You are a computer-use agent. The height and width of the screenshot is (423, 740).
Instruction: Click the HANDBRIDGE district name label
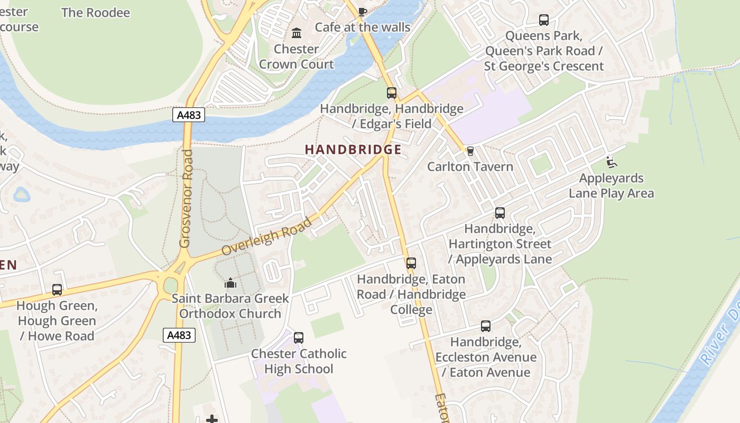pyautogui.click(x=353, y=150)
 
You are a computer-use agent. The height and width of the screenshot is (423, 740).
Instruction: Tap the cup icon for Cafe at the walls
pyautogui.click(x=362, y=12)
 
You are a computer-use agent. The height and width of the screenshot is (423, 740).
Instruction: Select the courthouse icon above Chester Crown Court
pyautogui.click(x=297, y=33)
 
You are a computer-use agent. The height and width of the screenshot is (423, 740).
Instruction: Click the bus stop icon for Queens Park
pyautogui.click(x=543, y=20)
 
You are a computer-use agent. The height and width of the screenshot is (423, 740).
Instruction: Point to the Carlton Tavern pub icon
pyautogui.click(x=470, y=151)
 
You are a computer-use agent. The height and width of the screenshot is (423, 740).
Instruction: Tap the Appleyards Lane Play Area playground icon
pyautogui.click(x=612, y=162)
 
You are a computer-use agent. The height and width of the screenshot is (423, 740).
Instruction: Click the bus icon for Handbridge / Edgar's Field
pyautogui.click(x=391, y=93)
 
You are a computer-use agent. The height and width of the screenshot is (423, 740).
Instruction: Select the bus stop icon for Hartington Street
pyautogui.click(x=499, y=213)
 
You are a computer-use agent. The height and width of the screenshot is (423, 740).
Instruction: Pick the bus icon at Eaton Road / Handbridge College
pyautogui.click(x=411, y=263)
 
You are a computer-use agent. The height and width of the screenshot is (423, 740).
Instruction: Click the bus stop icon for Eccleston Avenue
pyautogui.click(x=485, y=326)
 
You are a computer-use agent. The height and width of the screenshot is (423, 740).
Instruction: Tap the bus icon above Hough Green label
pyautogui.click(x=57, y=290)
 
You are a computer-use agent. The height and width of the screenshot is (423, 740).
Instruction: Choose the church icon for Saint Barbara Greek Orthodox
pyautogui.click(x=230, y=283)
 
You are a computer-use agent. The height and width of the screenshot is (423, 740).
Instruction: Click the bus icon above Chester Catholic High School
pyautogui.click(x=299, y=338)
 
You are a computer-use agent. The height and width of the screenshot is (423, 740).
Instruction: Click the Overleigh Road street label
pyautogui.click(x=266, y=236)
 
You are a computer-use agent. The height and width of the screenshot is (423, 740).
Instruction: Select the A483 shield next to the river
pyautogui.click(x=189, y=115)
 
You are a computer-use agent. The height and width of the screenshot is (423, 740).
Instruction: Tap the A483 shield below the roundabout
pyautogui.click(x=180, y=335)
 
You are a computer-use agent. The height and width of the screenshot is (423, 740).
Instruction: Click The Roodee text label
pyautogui.click(x=95, y=13)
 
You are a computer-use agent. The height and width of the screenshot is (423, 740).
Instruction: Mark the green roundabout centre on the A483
pyautogui.click(x=170, y=286)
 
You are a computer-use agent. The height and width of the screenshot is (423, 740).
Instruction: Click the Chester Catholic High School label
pyautogui.click(x=299, y=361)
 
